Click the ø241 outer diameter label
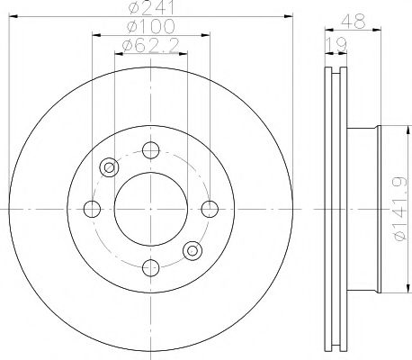click(149, 9)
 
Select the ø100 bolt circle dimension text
click(149, 28)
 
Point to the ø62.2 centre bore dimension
click(149, 45)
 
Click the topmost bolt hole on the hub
click(151, 149)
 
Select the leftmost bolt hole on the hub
click(92, 209)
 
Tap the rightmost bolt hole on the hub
click(210, 209)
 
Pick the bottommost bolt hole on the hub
click(151, 267)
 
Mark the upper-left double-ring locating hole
click(110, 166)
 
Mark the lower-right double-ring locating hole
click(193, 250)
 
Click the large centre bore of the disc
click(151, 209)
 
